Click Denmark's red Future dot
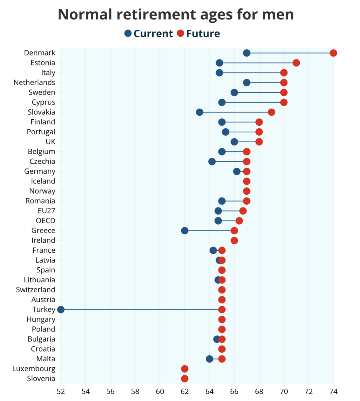[333, 53]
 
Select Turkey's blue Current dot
[61, 309]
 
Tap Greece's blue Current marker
[185, 231]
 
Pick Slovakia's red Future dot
[271, 112]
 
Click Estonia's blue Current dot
[219, 63]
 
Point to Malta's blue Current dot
[209, 359]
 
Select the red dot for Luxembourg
[185, 369]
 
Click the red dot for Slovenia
[185, 379]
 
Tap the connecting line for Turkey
[141, 309]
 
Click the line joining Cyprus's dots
[253, 102]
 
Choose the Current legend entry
[149, 33]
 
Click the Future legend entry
[198, 33]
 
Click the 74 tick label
[333, 392]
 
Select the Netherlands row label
[34, 83]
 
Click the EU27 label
[47, 211]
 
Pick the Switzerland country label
[36, 290]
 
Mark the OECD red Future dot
[239, 221]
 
